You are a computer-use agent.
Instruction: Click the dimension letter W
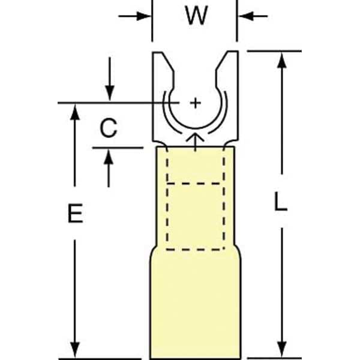click(197, 16)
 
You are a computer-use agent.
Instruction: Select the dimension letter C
click(109, 128)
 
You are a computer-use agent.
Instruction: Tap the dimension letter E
click(76, 213)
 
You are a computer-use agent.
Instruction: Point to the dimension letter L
click(281, 202)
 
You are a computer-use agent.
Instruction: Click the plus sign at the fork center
click(196, 103)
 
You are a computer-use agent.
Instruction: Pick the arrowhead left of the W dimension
click(143, 16)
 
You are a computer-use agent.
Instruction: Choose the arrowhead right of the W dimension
click(246, 16)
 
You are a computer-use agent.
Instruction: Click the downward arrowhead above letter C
click(110, 93)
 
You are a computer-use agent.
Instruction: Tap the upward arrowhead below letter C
click(109, 157)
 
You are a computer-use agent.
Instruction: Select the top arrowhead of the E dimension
click(75, 112)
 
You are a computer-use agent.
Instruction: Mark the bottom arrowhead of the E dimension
click(75, 350)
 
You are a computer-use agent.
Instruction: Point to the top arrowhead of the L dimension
click(282, 60)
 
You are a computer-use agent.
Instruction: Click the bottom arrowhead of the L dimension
click(282, 349)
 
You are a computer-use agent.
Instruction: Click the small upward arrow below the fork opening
click(195, 142)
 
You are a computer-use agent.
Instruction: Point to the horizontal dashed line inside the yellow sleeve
click(194, 184)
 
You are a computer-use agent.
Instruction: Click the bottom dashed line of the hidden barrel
click(195, 249)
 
